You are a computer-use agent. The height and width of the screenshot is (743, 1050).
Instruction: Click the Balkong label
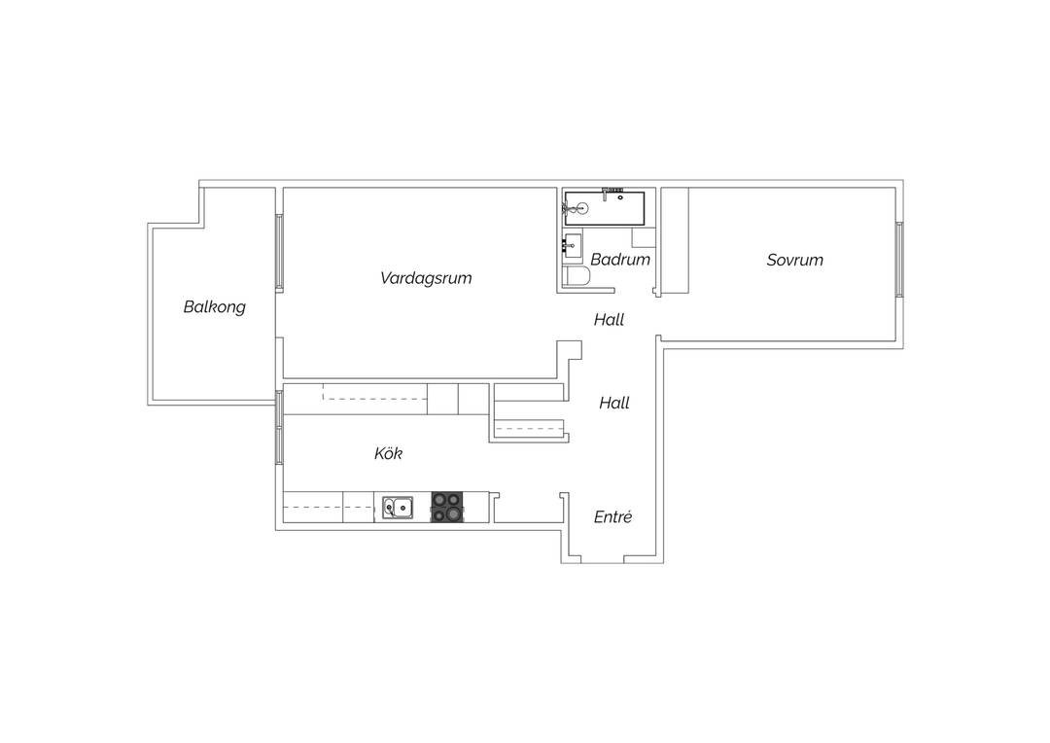[x=214, y=307]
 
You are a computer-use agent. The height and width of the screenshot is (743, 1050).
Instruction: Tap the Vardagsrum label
[x=426, y=278]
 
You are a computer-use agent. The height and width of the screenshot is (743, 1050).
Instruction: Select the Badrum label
[x=620, y=260]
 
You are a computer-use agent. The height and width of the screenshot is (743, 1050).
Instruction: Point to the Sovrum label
[x=795, y=260]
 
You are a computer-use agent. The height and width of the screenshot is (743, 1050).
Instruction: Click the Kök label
[x=388, y=453]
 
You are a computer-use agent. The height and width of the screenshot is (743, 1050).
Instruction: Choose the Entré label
[x=612, y=516]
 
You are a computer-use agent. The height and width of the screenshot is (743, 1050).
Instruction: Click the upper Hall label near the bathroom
[x=609, y=320]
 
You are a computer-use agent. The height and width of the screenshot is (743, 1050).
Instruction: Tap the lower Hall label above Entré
[x=614, y=403]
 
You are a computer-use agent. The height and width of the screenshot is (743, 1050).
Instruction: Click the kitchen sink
[x=398, y=508]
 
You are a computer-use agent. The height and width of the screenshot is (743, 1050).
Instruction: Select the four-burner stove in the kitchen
[x=447, y=507]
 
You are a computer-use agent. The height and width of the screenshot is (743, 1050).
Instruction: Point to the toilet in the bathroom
[x=576, y=277]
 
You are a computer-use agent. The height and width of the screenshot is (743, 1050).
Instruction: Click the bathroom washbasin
[x=573, y=246]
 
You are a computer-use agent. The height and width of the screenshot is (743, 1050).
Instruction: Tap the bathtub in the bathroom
[x=604, y=208]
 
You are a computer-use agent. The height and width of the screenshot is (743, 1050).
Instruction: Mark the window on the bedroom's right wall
[x=899, y=260]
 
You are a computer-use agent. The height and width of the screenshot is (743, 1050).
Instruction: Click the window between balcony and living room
[x=279, y=252]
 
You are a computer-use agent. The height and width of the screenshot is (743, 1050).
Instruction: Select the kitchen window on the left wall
[x=279, y=427]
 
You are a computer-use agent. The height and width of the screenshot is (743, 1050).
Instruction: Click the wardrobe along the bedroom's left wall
[x=675, y=240]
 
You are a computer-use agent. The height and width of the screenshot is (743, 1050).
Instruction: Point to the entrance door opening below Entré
[x=602, y=560]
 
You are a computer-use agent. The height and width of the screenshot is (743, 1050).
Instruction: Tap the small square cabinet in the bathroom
[x=644, y=238]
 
